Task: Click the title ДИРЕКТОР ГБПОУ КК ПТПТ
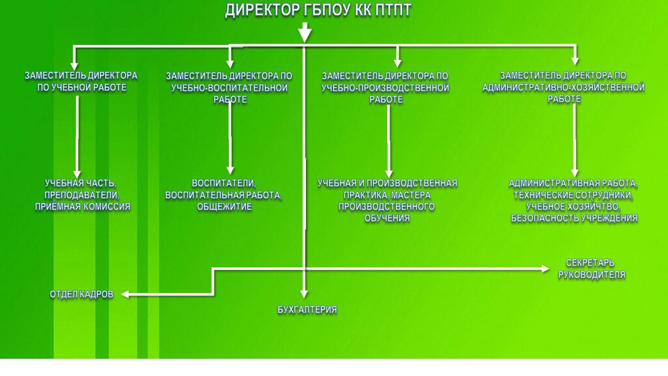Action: point(318,10)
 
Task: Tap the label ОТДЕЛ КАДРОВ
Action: point(82,294)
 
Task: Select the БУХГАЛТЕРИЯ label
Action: point(307,310)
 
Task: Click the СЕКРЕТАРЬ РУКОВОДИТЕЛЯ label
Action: point(592,269)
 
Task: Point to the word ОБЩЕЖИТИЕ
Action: point(224,207)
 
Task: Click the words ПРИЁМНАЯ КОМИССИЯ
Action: point(82,207)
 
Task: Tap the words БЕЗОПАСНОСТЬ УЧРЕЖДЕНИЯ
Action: point(574,218)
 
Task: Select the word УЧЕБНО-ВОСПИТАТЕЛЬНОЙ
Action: point(229,87)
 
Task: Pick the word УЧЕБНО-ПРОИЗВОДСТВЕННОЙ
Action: point(385,87)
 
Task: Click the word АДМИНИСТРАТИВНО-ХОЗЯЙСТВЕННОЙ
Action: point(564,87)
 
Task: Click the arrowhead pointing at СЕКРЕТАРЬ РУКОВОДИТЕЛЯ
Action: point(546,268)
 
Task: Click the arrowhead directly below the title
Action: point(305,35)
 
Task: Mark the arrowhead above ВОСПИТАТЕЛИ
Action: point(230,168)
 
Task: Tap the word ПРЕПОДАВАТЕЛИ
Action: point(82,195)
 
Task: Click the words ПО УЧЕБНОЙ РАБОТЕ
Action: point(82,87)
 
